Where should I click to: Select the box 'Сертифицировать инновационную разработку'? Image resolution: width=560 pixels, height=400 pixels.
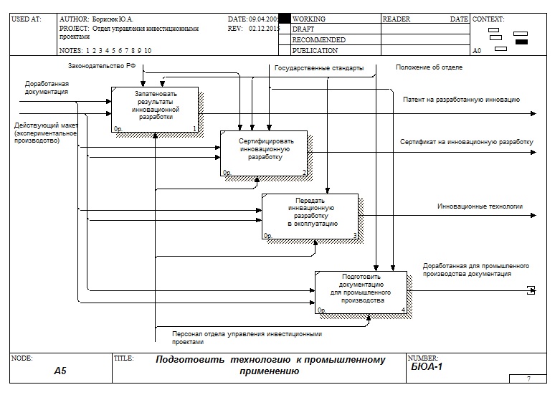point(264,153)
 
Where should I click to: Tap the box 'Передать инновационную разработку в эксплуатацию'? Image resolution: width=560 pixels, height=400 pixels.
point(310,216)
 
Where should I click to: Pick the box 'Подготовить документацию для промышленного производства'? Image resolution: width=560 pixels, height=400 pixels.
point(361,292)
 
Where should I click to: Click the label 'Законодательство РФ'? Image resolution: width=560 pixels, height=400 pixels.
point(102,67)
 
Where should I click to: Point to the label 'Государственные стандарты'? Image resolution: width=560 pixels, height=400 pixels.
point(318,68)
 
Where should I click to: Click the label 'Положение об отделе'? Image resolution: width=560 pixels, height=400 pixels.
point(429,67)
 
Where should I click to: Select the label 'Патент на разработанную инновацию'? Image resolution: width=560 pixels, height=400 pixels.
point(461,100)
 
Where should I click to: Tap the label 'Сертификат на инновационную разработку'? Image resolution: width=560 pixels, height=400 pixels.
point(467,142)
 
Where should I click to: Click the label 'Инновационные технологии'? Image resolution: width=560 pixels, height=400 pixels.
point(480,206)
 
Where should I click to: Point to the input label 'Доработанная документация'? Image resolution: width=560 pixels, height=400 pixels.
point(47,87)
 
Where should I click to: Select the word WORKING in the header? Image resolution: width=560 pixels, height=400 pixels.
point(309,19)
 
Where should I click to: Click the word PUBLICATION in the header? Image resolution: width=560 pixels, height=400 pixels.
point(315,51)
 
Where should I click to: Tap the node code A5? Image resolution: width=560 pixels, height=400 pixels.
point(60,371)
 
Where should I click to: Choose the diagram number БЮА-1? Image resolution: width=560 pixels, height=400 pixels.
point(427,367)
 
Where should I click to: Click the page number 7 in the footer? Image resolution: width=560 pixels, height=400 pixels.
point(528,378)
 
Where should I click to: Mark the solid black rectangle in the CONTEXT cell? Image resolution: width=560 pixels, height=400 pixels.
point(521,42)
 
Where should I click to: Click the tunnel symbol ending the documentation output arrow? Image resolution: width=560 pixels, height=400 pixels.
point(531,290)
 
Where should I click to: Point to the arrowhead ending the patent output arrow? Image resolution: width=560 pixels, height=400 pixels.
point(532,113)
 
